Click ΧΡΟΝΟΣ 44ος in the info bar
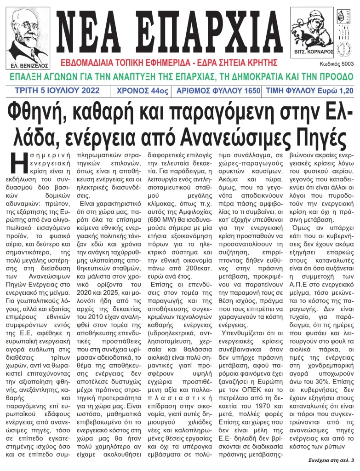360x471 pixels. (x=143, y=91)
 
